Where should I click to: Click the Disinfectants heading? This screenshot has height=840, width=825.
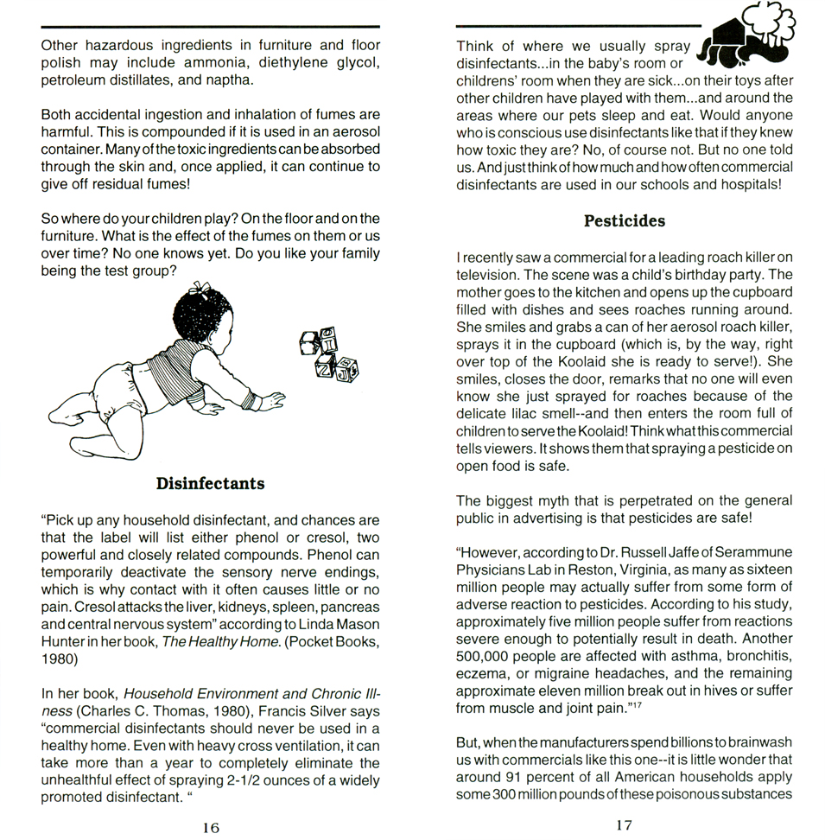click(210, 483)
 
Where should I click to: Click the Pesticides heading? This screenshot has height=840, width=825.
click(624, 220)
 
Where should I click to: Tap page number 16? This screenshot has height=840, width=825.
click(211, 827)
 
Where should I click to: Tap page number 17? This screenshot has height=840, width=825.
click(624, 825)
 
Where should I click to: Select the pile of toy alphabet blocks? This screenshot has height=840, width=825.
click(328, 355)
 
